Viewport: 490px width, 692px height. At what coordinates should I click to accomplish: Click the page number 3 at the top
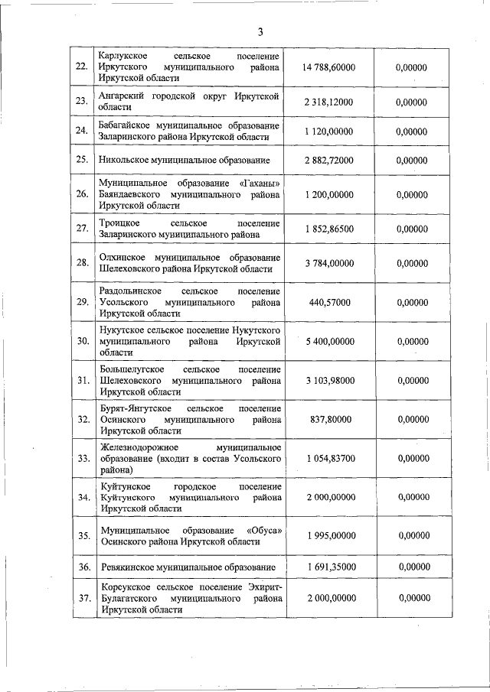pos(260,32)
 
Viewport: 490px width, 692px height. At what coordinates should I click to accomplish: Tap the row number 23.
pos(82,101)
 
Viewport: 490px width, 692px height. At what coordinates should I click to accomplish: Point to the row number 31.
pos(82,380)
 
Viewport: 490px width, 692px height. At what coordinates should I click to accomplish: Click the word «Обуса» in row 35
pos(263,529)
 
